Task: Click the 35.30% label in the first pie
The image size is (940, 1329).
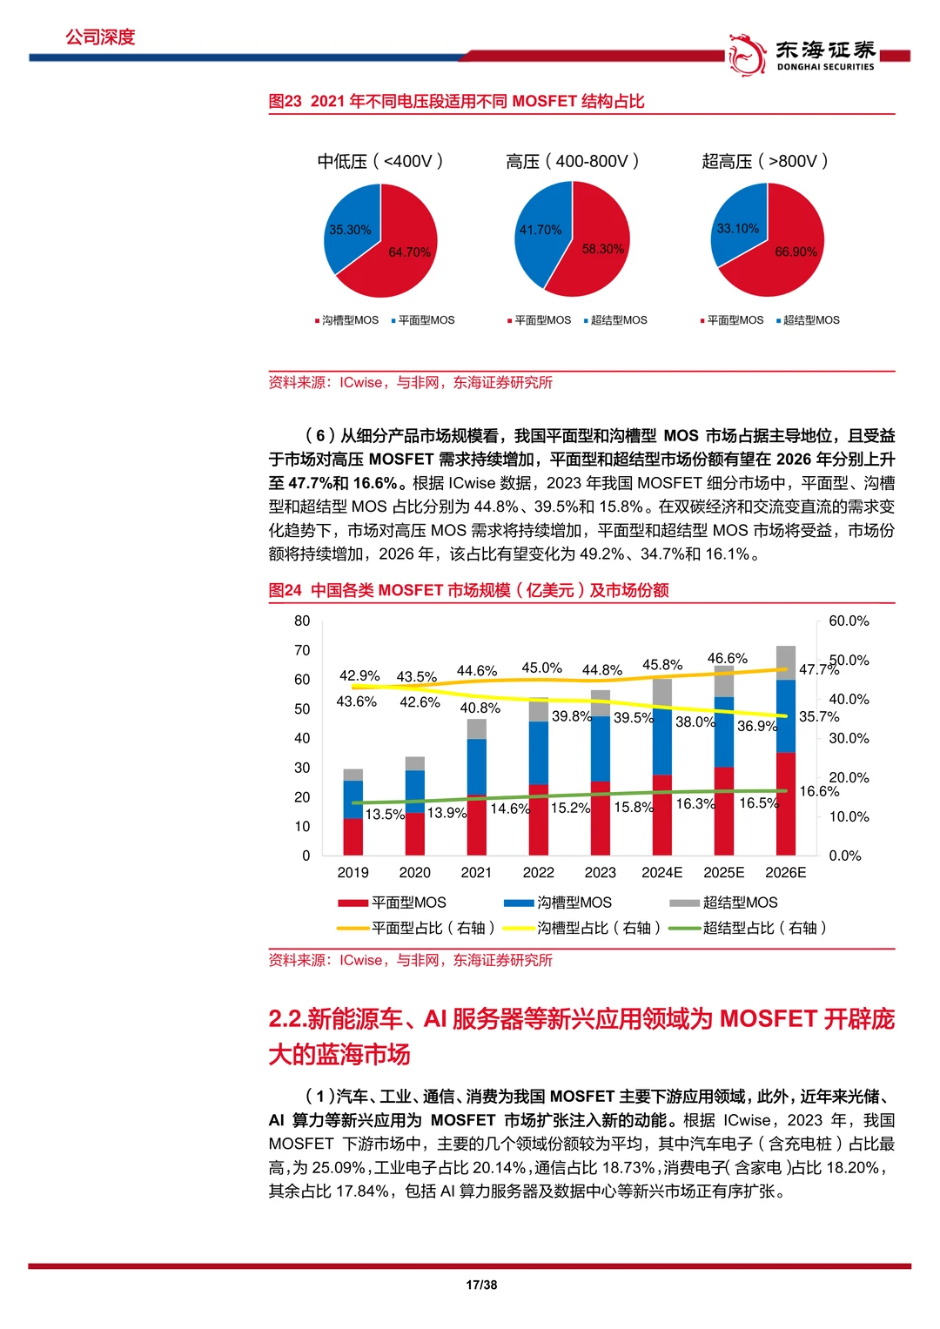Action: click(x=350, y=230)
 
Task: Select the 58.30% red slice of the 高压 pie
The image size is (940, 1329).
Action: click(x=596, y=252)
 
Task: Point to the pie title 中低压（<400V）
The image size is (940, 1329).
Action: click(x=380, y=161)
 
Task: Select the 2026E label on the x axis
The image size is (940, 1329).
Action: click(x=785, y=872)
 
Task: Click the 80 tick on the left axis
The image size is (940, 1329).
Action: click(x=302, y=621)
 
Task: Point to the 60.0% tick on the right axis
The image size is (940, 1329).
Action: click(x=849, y=621)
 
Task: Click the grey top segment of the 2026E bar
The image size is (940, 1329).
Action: click(x=786, y=661)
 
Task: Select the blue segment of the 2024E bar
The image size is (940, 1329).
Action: click(x=662, y=740)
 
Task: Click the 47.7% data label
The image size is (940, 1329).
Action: click(x=818, y=669)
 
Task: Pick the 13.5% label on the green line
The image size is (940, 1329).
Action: click(x=385, y=815)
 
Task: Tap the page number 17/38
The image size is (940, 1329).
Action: click(x=481, y=1285)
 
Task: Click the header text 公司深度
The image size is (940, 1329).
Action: click(x=100, y=37)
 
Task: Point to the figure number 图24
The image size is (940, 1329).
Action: click(x=285, y=590)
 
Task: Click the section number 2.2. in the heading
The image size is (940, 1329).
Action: click(x=287, y=1018)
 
